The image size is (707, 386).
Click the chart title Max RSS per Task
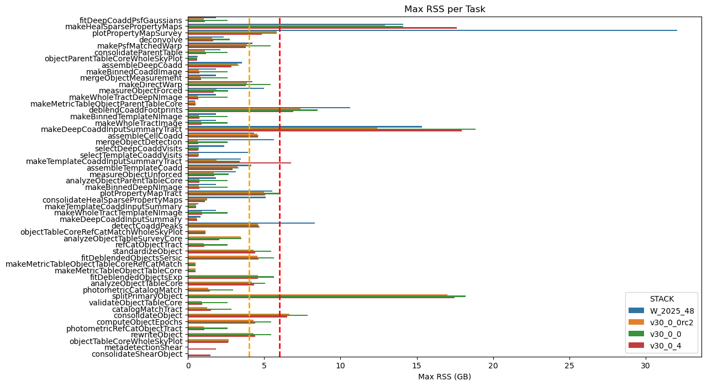click(x=445, y=9)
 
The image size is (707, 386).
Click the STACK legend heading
click(x=661, y=299)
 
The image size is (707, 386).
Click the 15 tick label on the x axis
click(x=417, y=365)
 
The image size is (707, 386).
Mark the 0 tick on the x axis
click(x=188, y=365)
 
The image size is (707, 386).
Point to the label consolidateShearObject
click(x=136, y=354)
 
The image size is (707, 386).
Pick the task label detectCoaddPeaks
click(x=147, y=226)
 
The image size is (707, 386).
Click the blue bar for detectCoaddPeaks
click(x=251, y=223)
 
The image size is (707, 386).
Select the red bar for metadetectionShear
click(x=202, y=349)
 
